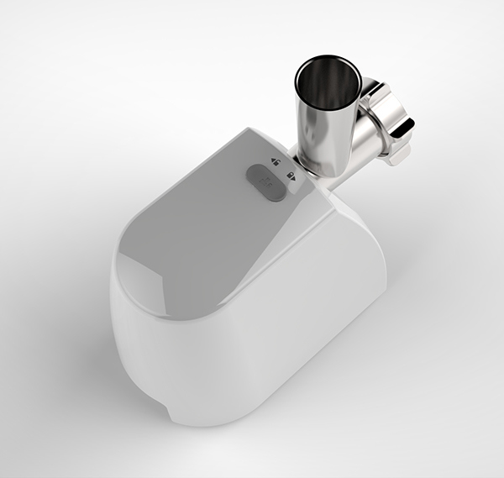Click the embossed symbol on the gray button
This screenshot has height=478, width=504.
(x=266, y=180)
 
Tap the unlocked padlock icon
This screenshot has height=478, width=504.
(x=275, y=159)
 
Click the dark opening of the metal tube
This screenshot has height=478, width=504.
(x=328, y=84)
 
